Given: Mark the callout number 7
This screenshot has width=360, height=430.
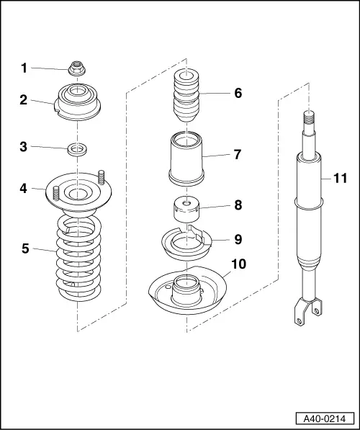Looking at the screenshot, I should point(237,154).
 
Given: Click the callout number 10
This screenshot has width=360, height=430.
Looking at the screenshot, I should point(238,264).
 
